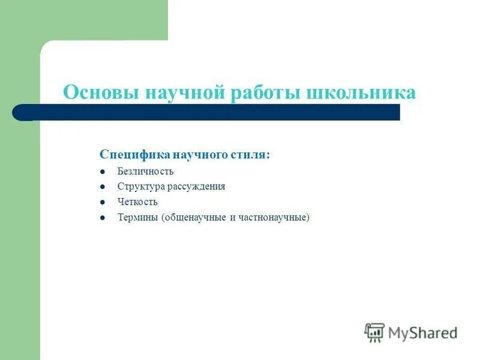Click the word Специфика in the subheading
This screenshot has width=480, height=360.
coord(135,155)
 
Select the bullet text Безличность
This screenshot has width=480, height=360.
coord(145,172)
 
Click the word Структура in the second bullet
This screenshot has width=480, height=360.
coord(139,187)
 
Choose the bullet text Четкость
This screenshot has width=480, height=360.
coord(137,202)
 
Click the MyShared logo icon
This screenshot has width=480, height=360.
coord(374,332)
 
